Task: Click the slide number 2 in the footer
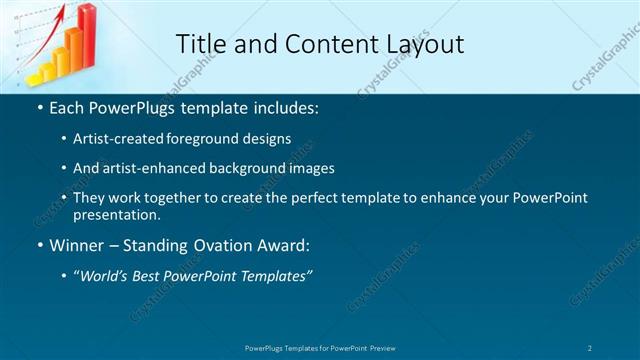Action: [x=590, y=348]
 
